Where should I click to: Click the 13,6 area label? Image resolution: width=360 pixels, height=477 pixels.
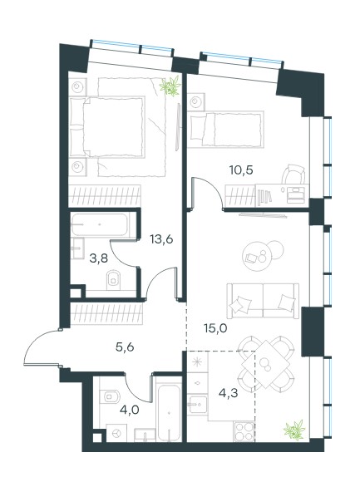161,239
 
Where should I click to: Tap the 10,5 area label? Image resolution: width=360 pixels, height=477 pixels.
241,170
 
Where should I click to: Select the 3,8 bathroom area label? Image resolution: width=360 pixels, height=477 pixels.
99,259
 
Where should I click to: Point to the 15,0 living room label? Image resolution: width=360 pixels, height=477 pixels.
216,328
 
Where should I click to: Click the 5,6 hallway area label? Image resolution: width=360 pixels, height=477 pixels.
125,347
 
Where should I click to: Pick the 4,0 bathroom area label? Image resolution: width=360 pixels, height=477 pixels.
130,410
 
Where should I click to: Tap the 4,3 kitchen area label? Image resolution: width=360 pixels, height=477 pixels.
229,393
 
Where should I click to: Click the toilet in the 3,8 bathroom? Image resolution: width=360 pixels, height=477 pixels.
114,279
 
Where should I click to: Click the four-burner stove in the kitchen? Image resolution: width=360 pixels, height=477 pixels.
244,430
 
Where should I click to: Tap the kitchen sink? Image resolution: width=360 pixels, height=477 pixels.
197,404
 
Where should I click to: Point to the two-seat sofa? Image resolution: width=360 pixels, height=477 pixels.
263,301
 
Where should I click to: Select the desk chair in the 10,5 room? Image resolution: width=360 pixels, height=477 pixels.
293,175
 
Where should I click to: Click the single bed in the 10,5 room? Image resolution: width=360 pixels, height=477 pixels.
225,130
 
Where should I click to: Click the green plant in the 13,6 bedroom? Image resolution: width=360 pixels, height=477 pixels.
170,86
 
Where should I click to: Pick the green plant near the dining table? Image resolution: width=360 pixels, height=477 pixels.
294,430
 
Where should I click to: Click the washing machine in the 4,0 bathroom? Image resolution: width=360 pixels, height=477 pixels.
116,434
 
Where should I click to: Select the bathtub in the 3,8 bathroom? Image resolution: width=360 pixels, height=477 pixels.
100,224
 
